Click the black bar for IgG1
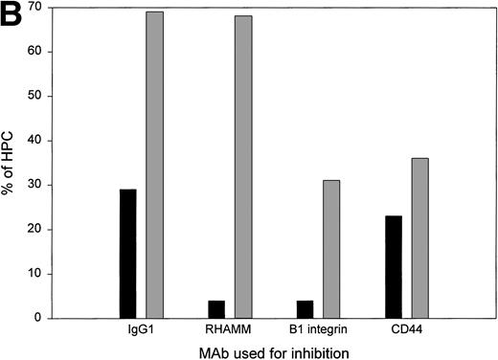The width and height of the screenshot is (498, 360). tap(127, 254)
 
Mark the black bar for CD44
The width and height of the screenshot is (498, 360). tap(392, 267)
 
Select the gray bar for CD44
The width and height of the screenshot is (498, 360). tap(419, 238)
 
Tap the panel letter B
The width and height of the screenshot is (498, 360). tap(13, 14)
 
